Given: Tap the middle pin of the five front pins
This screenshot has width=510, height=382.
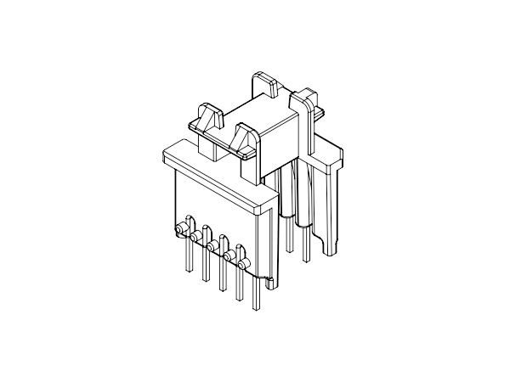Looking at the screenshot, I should pyautogui.click(x=222, y=277).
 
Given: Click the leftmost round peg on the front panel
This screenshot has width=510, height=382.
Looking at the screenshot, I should pyautogui.click(x=181, y=229).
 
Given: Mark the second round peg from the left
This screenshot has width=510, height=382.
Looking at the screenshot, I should pyautogui.click(x=195, y=238).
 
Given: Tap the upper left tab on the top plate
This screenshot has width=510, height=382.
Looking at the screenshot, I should pyautogui.click(x=205, y=118).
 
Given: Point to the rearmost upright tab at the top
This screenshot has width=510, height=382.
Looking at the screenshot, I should pyautogui.click(x=264, y=86).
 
